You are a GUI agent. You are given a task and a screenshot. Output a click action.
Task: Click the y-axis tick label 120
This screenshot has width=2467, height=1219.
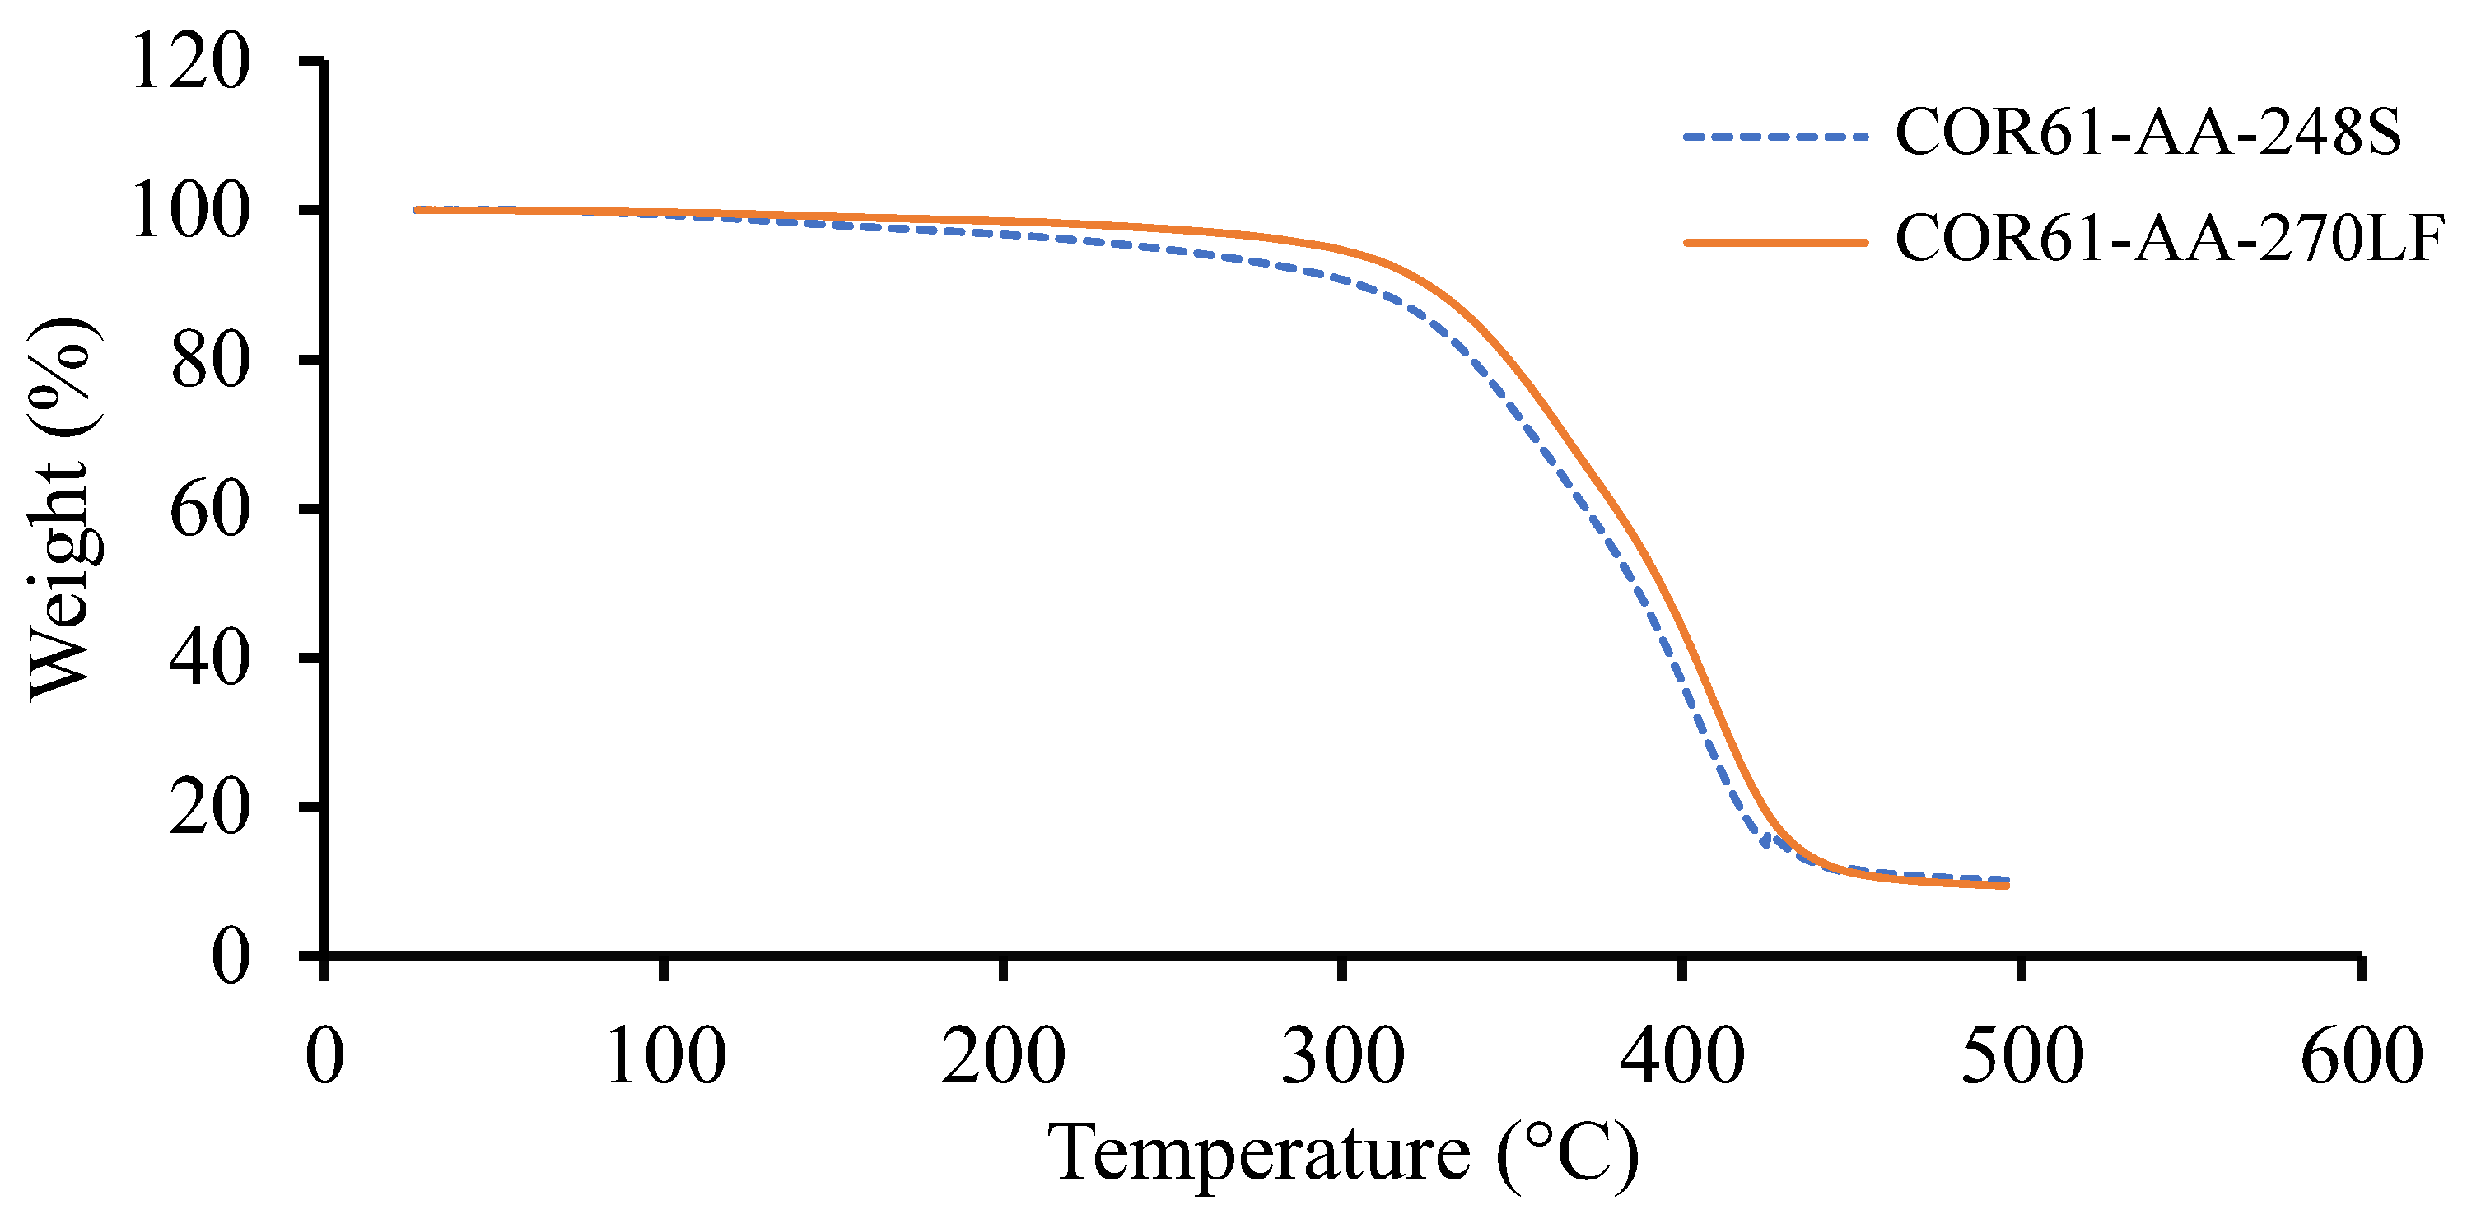(x=189, y=61)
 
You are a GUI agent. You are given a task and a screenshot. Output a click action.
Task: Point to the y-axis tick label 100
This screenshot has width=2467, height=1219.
(x=189, y=211)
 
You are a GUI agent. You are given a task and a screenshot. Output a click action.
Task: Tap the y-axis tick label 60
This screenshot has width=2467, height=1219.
(x=210, y=509)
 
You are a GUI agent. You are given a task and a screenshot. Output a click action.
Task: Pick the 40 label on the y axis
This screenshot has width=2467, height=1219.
(x=210, y=658)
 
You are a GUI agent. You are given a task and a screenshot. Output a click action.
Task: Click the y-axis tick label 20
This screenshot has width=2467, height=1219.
(x=210, y=807)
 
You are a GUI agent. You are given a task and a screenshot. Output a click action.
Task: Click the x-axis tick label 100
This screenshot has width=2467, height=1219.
(x=665, y=1055)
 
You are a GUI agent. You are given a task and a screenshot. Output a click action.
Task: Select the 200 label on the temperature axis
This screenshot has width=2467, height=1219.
(x=1003, y=1055)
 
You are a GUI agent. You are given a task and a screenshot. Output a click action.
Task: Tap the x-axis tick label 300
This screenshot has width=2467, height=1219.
(x=1343, y=1055)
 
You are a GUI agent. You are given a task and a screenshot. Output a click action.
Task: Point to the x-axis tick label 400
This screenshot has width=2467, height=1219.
(x=1681, y=1055)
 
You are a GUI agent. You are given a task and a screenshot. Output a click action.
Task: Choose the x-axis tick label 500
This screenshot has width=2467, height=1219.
(x=2022, y=1055)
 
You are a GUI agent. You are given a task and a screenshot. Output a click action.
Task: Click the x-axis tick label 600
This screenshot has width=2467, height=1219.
(x=2361, y=1055)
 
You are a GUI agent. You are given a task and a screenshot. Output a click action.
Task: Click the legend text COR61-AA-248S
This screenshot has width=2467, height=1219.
(x=2148, y=134)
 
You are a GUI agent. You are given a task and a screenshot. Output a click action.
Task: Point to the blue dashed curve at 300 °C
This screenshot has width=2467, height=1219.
(x=1343, y=279)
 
